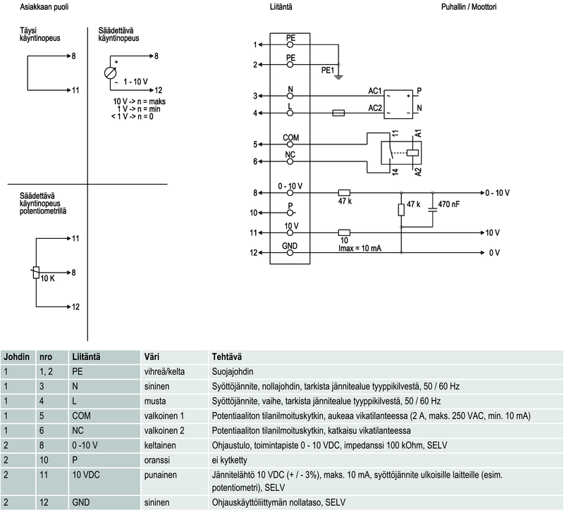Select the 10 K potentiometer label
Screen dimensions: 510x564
[x=47, y=279]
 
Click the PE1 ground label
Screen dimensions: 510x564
[x=328, y=70]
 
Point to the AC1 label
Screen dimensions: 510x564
[x=375, y=92]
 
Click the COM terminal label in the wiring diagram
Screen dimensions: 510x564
[x=291, y=137]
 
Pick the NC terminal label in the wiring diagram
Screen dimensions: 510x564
[x=290, y=154]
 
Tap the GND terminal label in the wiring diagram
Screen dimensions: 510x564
[x=290, y=245]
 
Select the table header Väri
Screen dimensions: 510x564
[x=152, y=356]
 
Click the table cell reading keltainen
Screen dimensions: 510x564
[x=160, y=445]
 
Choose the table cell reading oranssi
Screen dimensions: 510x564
[x=157, y=460]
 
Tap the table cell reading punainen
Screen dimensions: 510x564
[x=160, y=475]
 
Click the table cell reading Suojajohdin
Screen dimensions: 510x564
[x=233, y=371]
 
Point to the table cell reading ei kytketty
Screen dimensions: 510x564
[x=231, y=460]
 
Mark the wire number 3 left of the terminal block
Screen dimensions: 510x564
[x=255, y=96]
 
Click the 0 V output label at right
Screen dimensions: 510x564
[x=494, y=252]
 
